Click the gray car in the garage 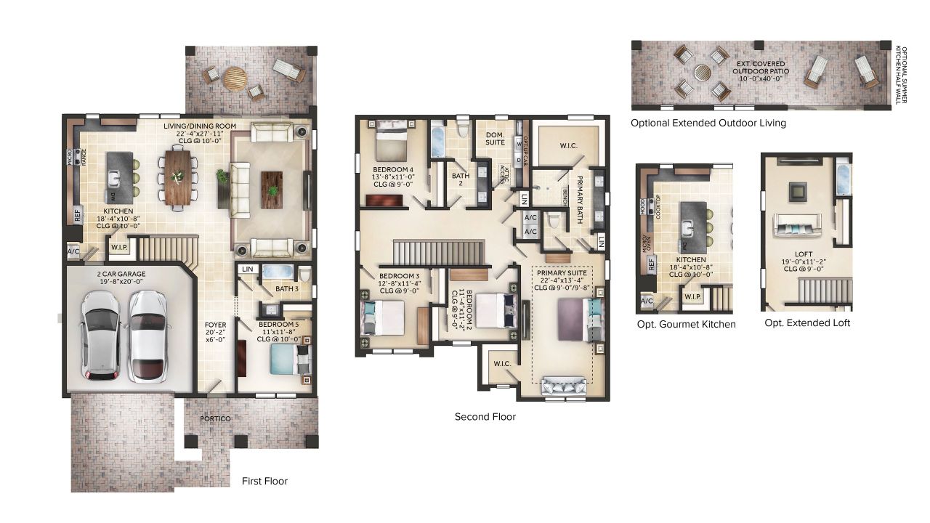(101, 335)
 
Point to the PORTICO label (216, 419)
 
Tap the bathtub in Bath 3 (278, 272)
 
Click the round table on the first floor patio (235, 78)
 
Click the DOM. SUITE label (496, 138)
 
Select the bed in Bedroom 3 (383, 317)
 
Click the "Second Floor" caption (485, 417)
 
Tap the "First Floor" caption (264, 481)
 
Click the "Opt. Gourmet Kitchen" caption (686, 324)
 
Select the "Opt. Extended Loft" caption (807, 322)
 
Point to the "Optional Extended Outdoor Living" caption (708, 123)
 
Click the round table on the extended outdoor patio (702, 73)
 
